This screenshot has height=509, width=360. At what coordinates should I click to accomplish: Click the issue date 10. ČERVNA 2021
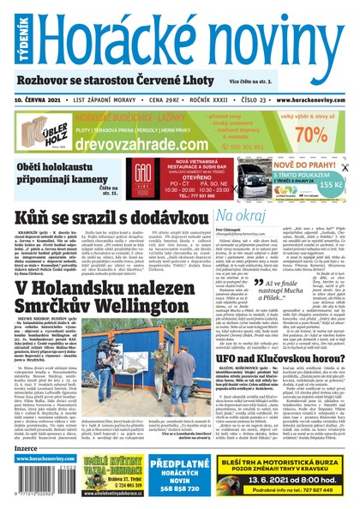pos(40,100)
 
